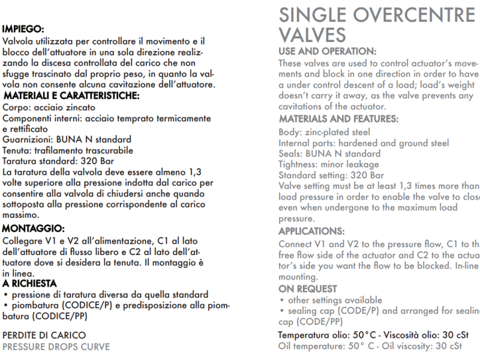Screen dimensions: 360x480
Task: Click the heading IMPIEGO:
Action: (23, 28)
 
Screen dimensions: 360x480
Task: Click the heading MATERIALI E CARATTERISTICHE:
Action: (71, 95)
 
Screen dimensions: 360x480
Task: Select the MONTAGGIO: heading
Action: (34, 228)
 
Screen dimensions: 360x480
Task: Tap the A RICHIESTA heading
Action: (29, 283)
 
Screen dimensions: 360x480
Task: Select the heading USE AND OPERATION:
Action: (328, 52)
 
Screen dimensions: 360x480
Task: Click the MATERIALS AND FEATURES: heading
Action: (338, 119)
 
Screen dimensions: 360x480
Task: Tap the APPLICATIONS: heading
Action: (311, 231)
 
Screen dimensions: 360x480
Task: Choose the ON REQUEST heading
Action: (308, 289)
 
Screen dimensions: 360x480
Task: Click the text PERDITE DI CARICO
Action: (44, 335)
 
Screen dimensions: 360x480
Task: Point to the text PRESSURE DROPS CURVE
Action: (56, 346)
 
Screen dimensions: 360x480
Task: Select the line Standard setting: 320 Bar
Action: (331, 175)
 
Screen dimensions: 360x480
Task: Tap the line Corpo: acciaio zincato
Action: (49, 107)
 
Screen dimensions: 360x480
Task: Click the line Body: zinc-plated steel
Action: (325, 132)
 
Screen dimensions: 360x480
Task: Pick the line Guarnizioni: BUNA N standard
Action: (67, 139)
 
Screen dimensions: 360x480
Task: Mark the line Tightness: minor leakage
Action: (329, 164)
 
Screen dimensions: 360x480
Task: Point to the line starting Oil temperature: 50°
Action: (370, 346)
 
